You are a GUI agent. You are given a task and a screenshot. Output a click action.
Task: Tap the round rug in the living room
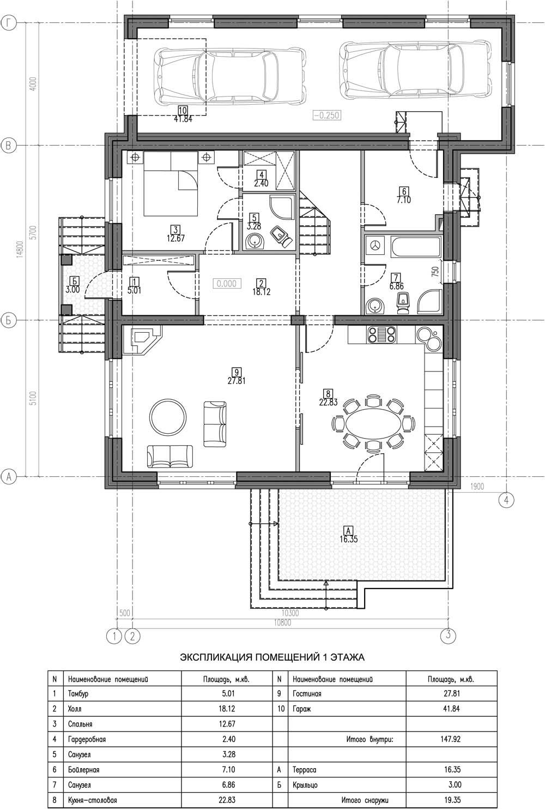coord(168,417)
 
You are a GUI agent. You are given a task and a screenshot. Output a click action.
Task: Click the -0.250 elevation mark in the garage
coord(326,115)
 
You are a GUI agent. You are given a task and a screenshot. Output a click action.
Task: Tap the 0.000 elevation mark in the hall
coord(227,284)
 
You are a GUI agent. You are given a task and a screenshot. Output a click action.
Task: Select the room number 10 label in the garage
coord(183,110)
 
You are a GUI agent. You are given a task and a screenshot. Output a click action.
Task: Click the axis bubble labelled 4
coord(506,500)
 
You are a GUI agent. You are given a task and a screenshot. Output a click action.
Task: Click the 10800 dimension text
coord(282,622)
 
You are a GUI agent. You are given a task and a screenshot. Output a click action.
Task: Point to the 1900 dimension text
coord(477,487)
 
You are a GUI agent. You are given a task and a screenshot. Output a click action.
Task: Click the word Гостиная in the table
coord(307,694)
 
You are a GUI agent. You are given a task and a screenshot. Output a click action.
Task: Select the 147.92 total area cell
coord(450,739)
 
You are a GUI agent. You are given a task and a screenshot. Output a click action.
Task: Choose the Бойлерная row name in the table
coord(83,770)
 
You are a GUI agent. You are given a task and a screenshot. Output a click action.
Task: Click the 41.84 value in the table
coord(451,709)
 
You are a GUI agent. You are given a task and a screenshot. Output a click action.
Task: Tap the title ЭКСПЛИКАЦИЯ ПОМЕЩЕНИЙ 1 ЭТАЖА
coord(272,657)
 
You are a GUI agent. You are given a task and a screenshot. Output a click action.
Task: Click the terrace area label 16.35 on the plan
coord(348,540)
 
